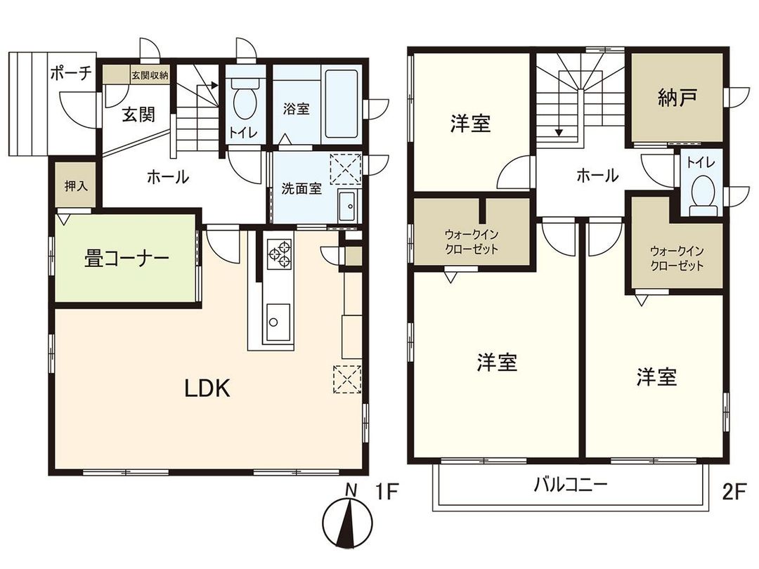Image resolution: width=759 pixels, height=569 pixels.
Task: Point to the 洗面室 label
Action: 301,189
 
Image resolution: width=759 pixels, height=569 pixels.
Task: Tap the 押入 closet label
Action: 75,186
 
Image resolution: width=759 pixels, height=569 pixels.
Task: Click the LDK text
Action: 207,388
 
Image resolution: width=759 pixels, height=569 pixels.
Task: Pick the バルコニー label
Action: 570,485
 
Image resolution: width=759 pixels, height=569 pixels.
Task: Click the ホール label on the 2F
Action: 597,176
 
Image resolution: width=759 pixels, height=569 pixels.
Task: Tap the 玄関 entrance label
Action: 138,115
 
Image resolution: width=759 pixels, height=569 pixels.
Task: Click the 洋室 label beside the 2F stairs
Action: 470,124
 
